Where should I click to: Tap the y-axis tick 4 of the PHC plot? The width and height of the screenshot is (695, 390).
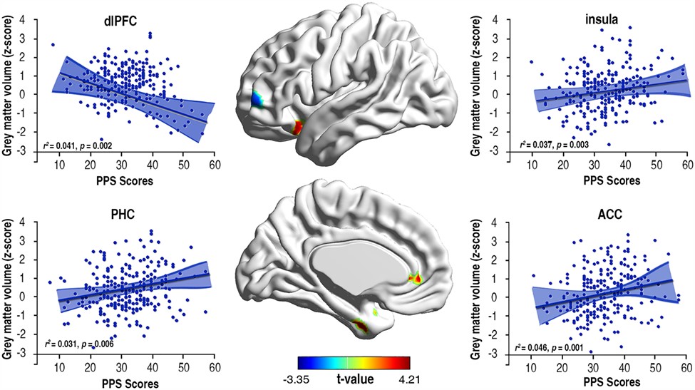tap(24, 222)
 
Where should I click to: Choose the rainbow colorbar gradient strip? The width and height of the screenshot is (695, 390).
tap(354, 362)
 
